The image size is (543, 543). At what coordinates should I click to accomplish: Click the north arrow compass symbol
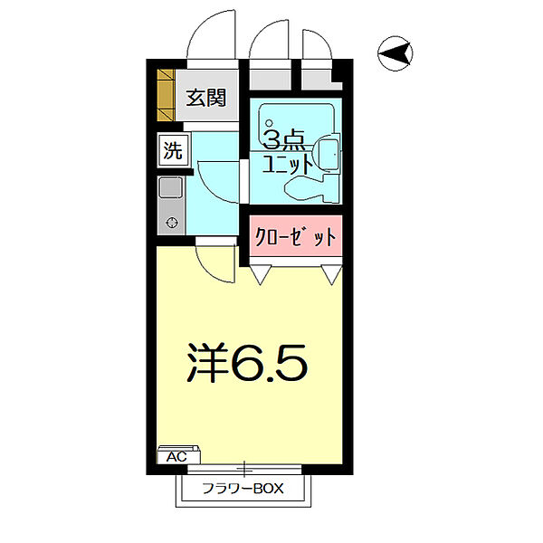click(395, 54)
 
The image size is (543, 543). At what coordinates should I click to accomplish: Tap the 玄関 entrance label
click(205, 98)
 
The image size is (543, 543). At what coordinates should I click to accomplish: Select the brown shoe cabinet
click(166, 95)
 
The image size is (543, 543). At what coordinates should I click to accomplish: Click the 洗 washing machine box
click(171, 150)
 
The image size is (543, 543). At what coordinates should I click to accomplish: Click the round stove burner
click(171, 223)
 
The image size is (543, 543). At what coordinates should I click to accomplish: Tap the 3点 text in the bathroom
click(282, 139)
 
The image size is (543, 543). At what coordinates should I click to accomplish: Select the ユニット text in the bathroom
click(288, 165)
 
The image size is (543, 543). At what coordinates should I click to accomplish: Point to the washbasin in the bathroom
click(329, 156)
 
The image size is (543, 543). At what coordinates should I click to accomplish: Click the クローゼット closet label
click(293, 237)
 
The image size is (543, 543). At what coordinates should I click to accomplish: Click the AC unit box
click(177, 456)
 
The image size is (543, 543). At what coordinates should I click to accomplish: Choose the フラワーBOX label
click(243, 490)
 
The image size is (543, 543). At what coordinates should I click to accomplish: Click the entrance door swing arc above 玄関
click(211, 36)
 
